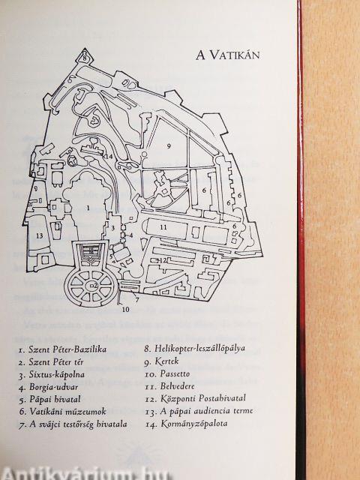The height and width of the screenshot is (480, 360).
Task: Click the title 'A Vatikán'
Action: coord(228,55)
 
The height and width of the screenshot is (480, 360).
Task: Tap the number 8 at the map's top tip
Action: coord(85,56)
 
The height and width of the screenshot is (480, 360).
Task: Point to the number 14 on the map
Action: coord(109,157)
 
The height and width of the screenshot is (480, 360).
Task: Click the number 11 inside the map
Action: coord(163,227)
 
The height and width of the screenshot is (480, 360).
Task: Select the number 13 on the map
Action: coord(39,235)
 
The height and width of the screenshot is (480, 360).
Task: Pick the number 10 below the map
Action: coord(126,309)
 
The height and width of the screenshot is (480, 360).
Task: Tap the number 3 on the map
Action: coord(113,228)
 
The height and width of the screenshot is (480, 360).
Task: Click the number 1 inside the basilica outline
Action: coord(88,208)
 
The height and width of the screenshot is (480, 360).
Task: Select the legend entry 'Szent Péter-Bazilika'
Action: coord(67,349)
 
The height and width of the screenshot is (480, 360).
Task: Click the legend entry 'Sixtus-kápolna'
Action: coord(57,375)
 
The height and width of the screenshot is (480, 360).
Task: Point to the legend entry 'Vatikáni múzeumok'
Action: coord(68,412)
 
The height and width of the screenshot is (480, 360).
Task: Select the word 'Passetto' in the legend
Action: coord(175,373)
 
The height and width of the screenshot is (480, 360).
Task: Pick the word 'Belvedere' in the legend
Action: coord(178,386)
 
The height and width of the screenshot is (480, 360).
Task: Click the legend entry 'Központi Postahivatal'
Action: coord(203,398)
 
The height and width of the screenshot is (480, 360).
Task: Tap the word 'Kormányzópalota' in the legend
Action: coord(194,424)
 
